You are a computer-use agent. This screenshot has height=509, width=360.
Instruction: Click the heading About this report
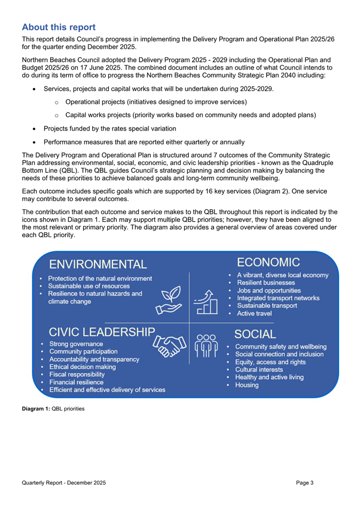(59, 27)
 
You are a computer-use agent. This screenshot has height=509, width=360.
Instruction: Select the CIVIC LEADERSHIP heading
(102, 332)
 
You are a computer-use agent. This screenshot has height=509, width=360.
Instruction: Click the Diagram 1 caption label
(52, 409)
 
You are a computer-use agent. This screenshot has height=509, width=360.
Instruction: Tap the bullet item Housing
(247, 385)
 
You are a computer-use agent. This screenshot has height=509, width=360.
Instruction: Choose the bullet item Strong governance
(76, 344)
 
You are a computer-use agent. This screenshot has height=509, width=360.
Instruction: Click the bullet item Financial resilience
(76, 382)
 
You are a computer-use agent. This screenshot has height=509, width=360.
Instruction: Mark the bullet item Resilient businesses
(266, 282)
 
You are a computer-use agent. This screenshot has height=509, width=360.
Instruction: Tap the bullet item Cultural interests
(259, 369)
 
